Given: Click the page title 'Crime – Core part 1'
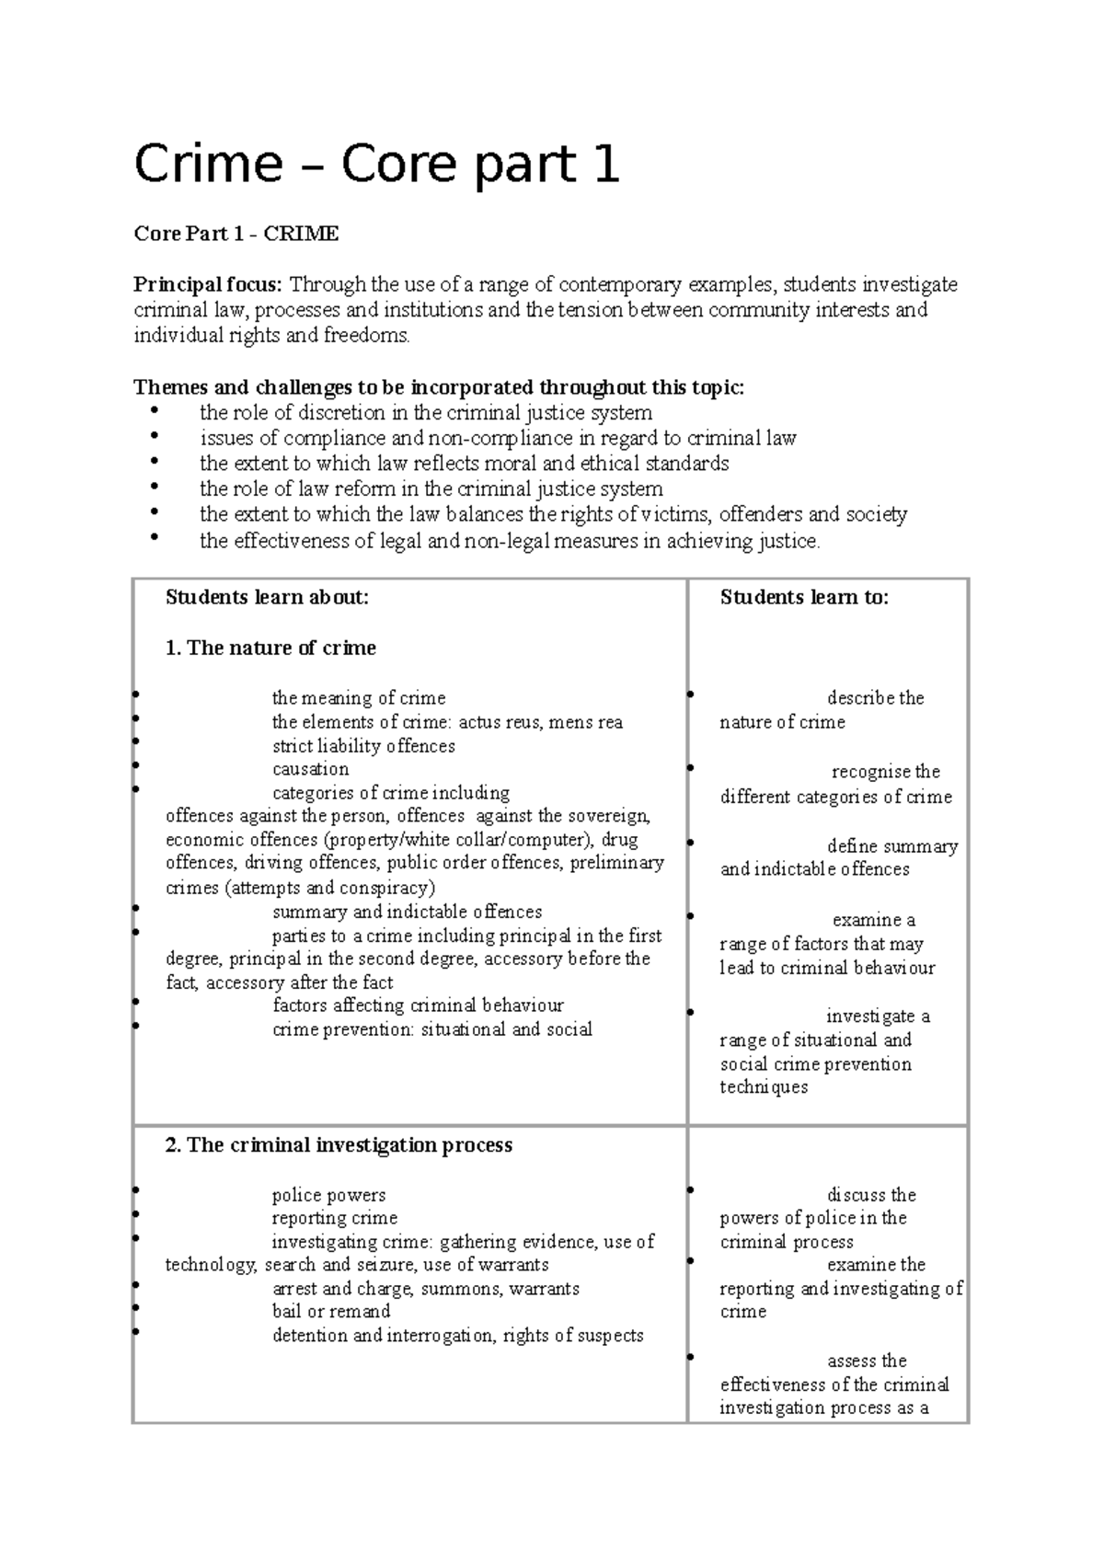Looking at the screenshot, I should (x=376, y=166).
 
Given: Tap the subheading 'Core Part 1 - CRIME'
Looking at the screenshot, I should (x=236, y=234).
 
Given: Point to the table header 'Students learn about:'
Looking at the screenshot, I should (x=267, y=597).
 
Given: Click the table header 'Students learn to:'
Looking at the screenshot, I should (x=804, y=597).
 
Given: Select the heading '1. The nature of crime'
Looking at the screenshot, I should (x=270, y=648).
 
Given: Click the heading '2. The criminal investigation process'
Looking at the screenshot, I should (x=339, y=1145).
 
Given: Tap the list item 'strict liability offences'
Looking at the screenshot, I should (x=363, y=746).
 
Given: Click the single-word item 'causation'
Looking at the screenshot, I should (x=310, y=769).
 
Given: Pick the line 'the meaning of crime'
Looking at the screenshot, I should (x=359, y=698).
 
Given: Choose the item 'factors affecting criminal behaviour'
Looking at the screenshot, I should (x=418, y=1005).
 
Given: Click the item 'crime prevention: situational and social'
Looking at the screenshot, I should (x=431, y=1029).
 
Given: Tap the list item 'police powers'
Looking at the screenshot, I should (x=328, y=1195).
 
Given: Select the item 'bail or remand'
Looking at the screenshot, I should (x=331, y=1311).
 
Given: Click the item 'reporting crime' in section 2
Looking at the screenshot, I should (x=335, y=1218).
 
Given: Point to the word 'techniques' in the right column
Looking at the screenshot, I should (x=764, y=1087).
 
